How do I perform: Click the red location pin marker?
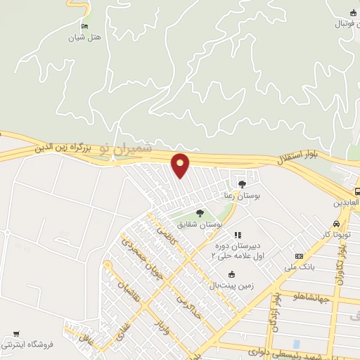181,165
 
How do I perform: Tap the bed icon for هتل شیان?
85,26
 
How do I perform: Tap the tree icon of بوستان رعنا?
243,184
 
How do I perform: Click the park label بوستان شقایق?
201,224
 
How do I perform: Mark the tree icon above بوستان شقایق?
200,212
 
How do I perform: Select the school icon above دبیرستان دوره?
237,234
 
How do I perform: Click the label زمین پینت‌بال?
231,285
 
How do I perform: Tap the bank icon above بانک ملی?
300,257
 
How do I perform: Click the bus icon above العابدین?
356,191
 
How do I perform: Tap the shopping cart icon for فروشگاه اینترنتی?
16,333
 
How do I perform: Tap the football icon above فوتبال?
353,13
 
